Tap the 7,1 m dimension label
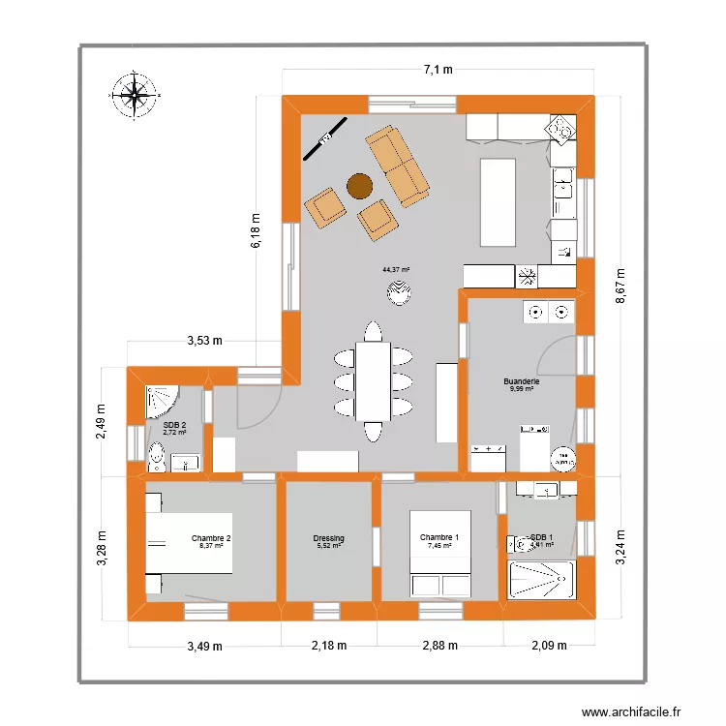point(438,69)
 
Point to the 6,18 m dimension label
point(257,232)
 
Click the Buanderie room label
point(521,382)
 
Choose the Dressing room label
point(328,539)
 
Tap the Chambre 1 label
point(439,539)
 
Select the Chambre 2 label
point(211,539)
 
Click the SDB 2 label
point(174,425)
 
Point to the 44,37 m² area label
point(396,270)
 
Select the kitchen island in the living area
point(499,203)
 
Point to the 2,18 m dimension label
point(328,646)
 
